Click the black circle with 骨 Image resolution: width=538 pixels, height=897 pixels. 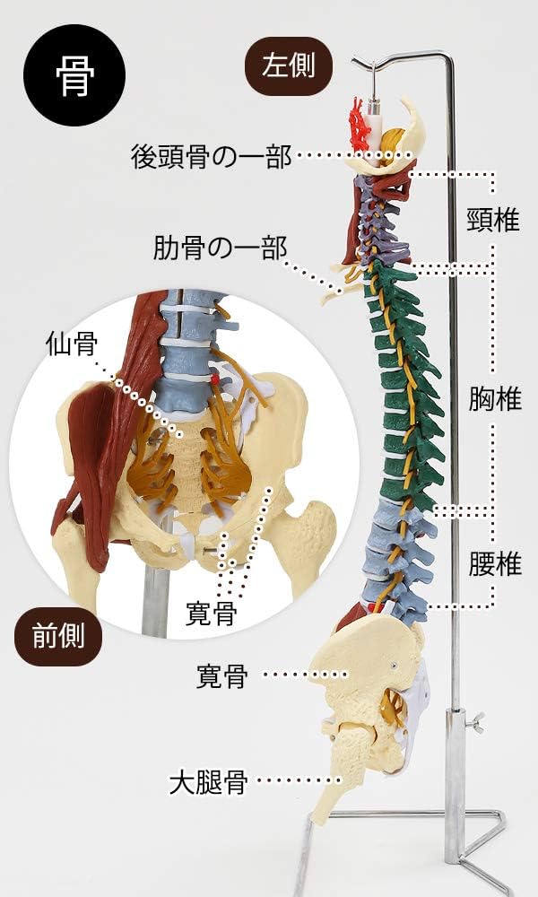[x=74, y=74]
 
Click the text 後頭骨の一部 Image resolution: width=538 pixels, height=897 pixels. [x=211, y=158]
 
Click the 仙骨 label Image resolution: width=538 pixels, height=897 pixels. [x=73, y=344]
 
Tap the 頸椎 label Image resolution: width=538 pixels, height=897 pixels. [x=494, y=221]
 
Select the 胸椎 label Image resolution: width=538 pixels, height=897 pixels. [x=495, y=399]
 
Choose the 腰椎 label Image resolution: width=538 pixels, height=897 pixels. [x=495, y=564]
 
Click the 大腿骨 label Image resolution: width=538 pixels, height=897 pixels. [x=208, y=783]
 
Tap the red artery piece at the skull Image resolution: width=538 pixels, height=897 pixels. [x=360, y=126]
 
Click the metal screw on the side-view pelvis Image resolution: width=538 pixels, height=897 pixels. [x=394, y=665]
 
